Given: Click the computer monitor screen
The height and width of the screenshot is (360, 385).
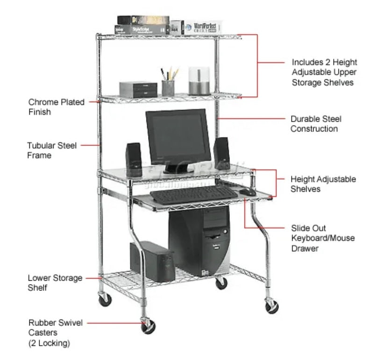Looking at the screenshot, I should point(178,136).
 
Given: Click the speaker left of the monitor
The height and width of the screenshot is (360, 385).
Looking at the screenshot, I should point(134,156).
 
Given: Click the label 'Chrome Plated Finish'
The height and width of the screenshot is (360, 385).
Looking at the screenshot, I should point(56,107).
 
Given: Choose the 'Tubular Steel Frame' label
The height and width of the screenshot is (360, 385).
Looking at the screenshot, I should point(51,150).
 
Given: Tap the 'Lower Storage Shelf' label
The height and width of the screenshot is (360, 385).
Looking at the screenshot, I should point(55,283).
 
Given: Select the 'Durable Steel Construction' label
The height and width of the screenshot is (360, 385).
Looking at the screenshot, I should point(314,124).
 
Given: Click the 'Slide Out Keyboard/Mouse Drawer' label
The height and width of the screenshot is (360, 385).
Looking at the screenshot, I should point(322,238).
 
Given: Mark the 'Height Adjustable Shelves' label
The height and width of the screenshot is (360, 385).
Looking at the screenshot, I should point(323,184).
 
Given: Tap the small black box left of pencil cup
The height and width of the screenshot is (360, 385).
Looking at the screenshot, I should point(138,89).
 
